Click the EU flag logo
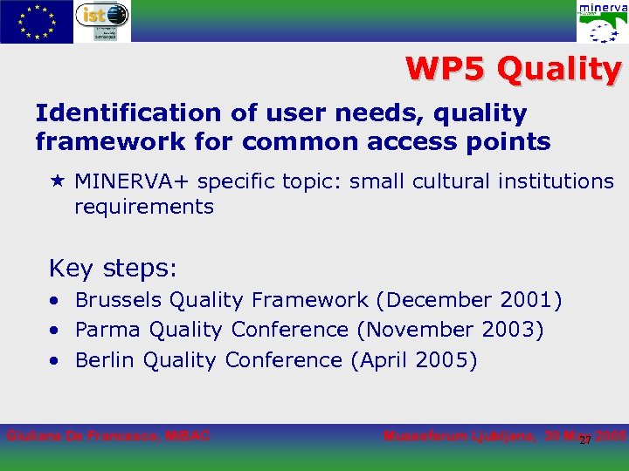(x=37, y=22)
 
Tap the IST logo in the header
(x=102, y=22)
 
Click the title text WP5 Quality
(x=513, y=70)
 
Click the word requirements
(x=144, y=207)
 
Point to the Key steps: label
(x=113, y=267)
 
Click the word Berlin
(x=106, y=360)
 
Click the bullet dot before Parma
(x=55, y=331)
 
